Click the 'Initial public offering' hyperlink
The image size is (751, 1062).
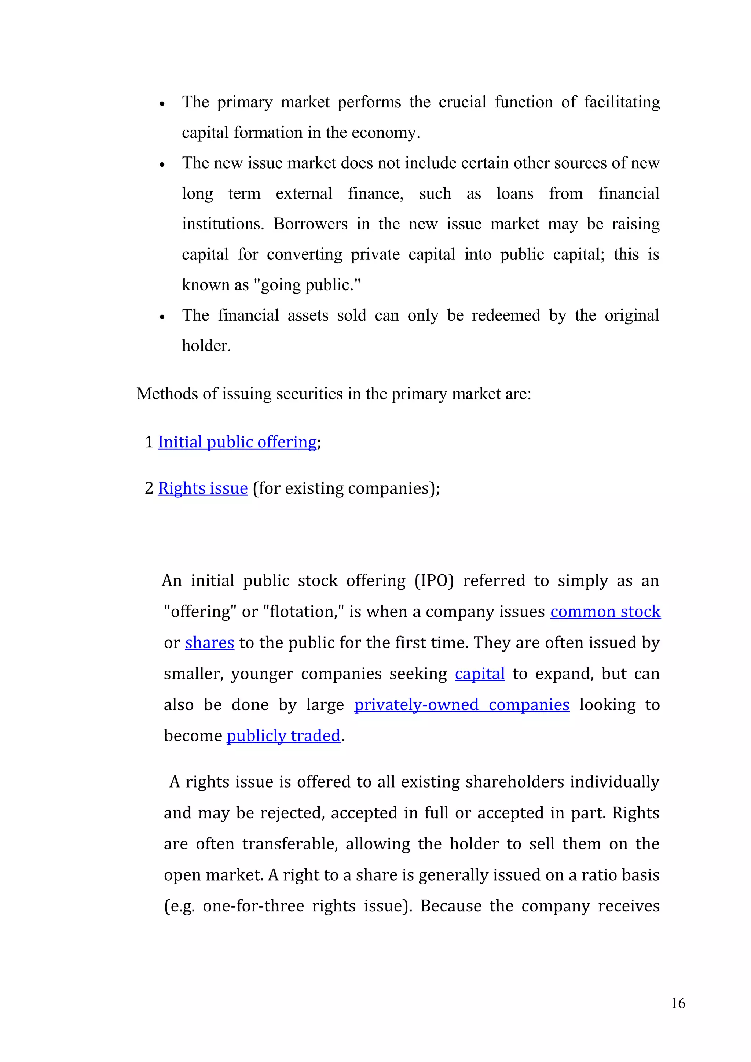click(x=237, y=442)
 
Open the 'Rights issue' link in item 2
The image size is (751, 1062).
click(x=203, y=488)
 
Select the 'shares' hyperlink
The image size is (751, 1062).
click(x=210, y=643)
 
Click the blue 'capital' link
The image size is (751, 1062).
click(x=479, y=674)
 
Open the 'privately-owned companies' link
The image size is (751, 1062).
click(x=461, y=705)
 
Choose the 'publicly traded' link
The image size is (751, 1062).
click(x=283, y=736)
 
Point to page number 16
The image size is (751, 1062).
click(x=678, y=1003)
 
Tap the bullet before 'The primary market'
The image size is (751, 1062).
click(x=162, y=104)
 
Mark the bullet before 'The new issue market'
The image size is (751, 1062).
click(x=162, y=165)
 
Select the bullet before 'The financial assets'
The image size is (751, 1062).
click(x=162, y=317)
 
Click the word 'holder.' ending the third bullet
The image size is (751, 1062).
click(x=206, y=346)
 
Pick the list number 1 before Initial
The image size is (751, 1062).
click(x=149, y=442)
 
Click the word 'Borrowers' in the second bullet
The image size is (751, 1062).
click(x=310, y=224)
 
